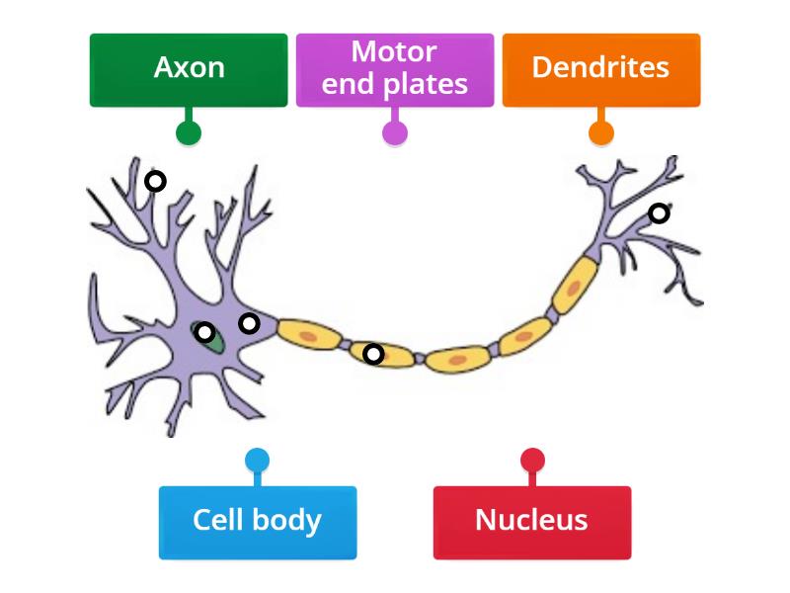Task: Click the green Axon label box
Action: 189,69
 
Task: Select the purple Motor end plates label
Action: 394,69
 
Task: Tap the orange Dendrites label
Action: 600,69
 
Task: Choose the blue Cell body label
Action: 257,522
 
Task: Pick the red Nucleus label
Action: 531,522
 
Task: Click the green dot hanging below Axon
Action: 189,133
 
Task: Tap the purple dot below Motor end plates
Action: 394,133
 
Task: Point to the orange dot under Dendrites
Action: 600,133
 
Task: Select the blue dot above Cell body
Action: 257,461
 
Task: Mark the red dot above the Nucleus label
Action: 531,461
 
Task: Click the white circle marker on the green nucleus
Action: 204,332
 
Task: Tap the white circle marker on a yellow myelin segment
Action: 373,353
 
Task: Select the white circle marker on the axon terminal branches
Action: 659,212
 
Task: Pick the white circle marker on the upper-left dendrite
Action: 155,181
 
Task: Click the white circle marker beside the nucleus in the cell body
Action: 249,323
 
